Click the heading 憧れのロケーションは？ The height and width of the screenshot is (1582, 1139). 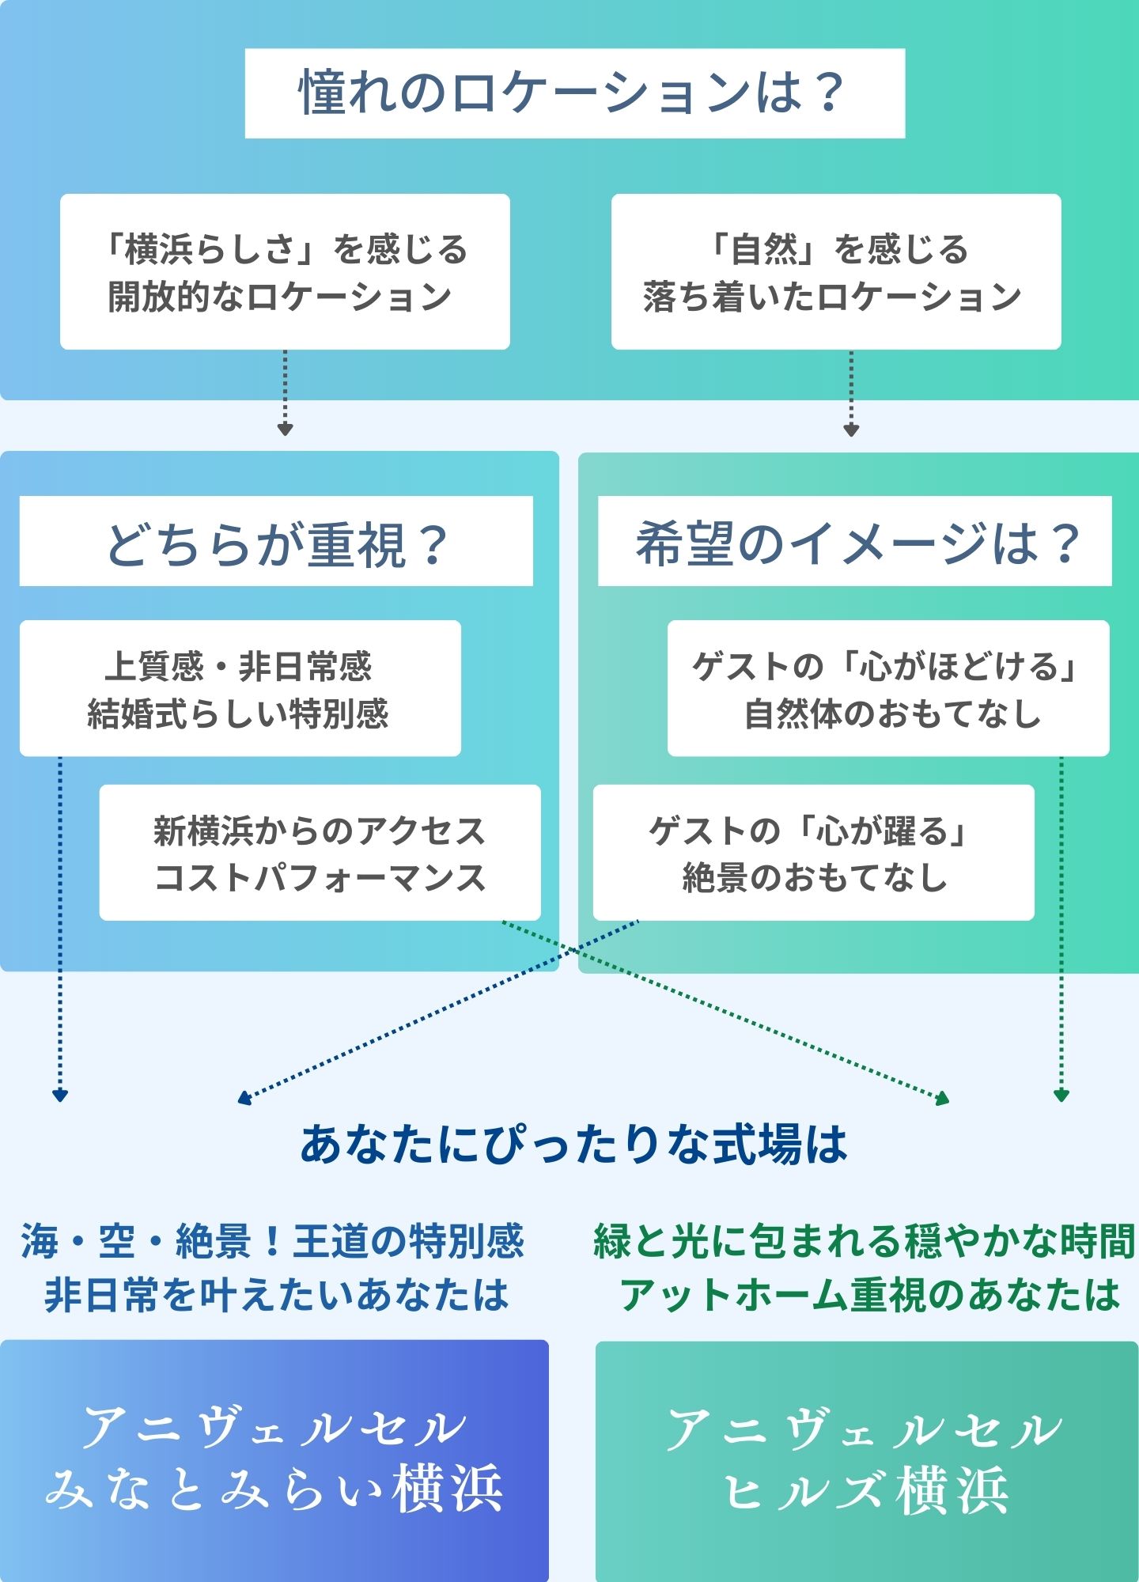574,93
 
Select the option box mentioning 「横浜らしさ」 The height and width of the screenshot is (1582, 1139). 285,271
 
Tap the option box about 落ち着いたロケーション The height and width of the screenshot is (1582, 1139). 835,271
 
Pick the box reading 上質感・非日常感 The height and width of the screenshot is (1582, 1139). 240,688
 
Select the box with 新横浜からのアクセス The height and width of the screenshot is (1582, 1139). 320,853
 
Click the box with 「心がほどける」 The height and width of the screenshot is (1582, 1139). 887,688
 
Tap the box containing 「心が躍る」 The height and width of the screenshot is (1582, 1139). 813,853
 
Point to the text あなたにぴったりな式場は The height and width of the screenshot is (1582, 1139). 573,1145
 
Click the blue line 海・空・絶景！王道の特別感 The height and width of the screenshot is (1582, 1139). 273,1241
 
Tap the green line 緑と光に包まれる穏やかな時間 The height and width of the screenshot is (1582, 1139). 864,1241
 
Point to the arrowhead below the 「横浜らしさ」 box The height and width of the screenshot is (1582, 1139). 286,430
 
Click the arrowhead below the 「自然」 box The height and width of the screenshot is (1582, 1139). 851,430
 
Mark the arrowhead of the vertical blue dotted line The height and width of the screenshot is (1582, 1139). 60,1096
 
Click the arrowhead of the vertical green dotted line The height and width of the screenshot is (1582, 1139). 1061,1096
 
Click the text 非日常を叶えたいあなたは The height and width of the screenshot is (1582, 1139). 276,1295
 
